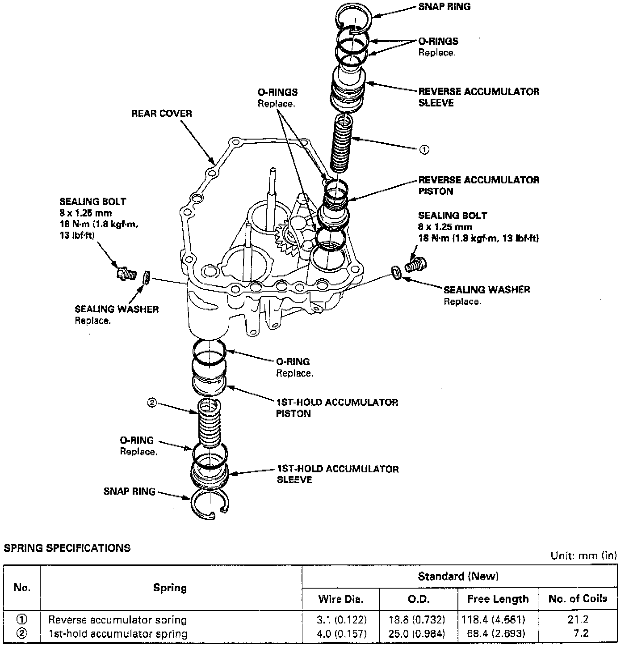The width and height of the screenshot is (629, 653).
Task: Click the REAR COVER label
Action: [161, 114]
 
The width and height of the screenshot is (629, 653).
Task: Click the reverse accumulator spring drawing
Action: [342, 143]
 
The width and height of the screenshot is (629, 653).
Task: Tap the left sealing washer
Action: [146, 277]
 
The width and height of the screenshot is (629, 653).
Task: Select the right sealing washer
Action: [396, 272]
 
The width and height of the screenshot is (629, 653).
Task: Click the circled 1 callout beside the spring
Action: [424, 149]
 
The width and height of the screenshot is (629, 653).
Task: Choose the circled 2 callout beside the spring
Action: [152, 403]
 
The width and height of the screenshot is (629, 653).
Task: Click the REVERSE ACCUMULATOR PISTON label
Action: [478, 186]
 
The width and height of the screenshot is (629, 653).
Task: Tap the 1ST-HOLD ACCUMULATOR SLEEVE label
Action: [337, 474]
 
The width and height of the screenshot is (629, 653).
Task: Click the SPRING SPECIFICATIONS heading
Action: [67, 548]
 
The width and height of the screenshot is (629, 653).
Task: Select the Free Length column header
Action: [498, 599]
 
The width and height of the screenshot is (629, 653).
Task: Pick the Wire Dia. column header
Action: [340, 599]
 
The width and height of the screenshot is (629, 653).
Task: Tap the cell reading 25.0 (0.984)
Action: [419, 634]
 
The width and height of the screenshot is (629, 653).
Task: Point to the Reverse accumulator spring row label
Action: [117, 620]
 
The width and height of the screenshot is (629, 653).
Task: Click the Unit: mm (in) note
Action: [583, 555]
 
